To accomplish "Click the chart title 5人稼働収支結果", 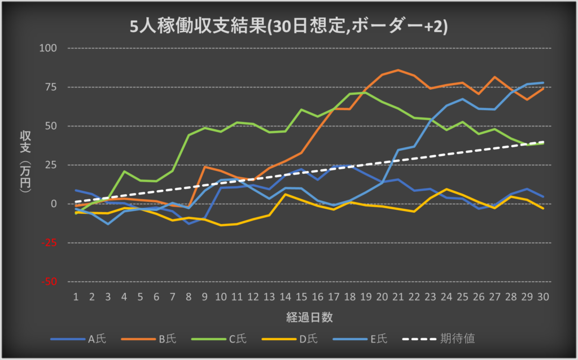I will click(x=288, y=27).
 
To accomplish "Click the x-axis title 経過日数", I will click(x=309, y=317).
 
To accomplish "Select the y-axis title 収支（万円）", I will click(x=25, y=164).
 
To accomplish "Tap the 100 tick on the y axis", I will click(x=49, y=48).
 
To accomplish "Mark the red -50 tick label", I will click(x=50, y=282).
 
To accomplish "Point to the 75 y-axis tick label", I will click(x=51, y=87).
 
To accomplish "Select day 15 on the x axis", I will click(x=302, y=296).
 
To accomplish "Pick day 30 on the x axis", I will click(x=543, y=296).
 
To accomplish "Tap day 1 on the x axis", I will click(x=75, y=296).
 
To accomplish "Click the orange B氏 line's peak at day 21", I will click(x=399, y=70).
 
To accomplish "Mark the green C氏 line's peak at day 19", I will click(x=366, y=93).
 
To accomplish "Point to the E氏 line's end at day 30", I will click(x=543, y=83).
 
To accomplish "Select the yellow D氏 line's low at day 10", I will click(x=221, y=225).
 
